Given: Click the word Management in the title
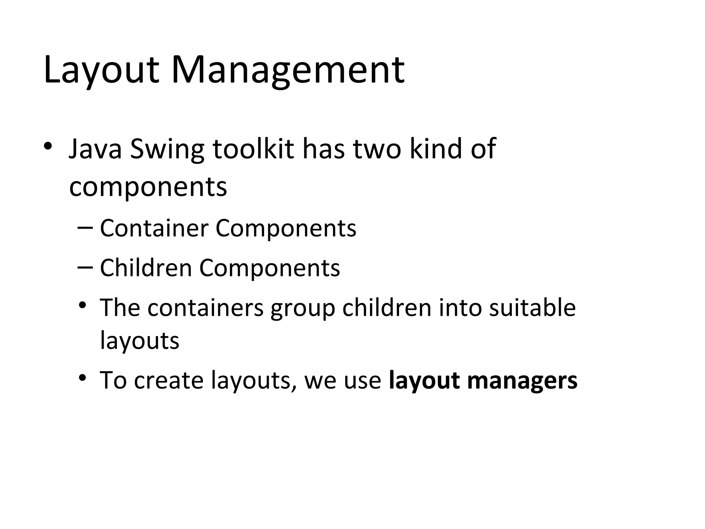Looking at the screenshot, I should (287, 71).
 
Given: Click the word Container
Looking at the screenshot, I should (154, 228).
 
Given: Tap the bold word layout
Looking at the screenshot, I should (424, 381).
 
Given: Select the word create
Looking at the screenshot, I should (168, 381).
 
